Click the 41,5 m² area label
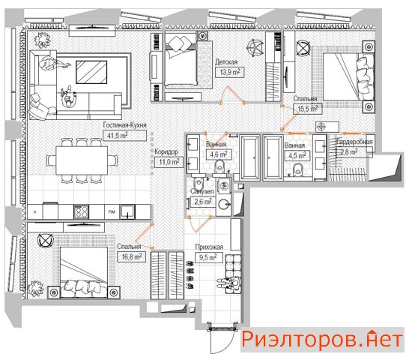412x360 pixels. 118,136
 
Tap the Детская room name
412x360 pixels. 226,62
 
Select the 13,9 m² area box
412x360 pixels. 230,72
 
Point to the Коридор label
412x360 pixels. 166,151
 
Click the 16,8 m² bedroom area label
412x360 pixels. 131,256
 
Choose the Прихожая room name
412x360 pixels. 209,247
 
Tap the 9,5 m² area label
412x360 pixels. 207,257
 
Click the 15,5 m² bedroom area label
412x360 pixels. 308,109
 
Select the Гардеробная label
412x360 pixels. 354,142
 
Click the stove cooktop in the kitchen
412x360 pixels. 81,211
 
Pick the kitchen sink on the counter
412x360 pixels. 127,211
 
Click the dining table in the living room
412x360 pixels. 82,160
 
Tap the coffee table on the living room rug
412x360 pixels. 91,72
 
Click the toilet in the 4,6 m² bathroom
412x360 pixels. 219,166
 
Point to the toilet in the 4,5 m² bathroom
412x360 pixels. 297,169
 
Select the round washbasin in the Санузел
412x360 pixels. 224,204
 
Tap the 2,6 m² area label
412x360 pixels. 203,202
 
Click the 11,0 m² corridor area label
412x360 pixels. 169,162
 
